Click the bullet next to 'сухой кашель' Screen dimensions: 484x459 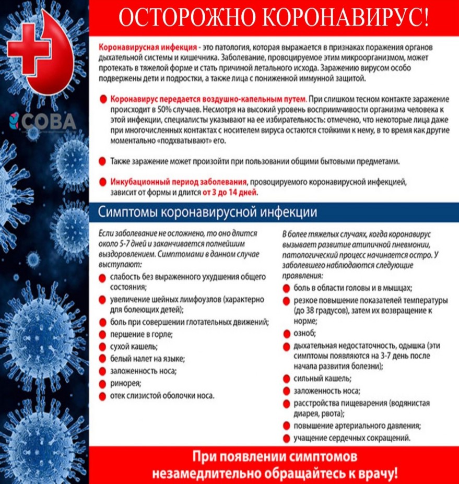coord(103,347)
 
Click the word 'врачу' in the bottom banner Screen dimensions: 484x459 coord(374,474)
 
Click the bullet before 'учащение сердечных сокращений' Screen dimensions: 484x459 coord(287,438)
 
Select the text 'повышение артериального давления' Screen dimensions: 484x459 coord(357,426)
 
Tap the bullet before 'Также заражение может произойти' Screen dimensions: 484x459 coord(103,161)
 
